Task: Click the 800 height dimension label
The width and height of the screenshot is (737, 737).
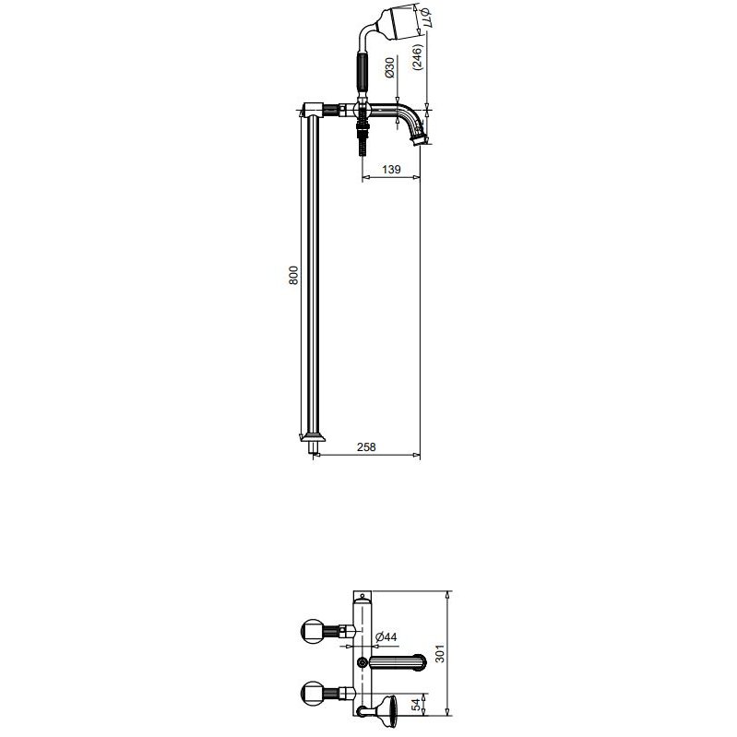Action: click(x=293, y=275)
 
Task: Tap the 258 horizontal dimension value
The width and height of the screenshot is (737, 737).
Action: click(x=366, y=447)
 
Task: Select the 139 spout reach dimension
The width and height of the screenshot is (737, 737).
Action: click(x=391, y=169)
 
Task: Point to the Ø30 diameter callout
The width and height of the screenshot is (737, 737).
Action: click(x=389, y=67)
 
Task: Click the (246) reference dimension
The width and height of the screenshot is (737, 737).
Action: click(x=419, y=57)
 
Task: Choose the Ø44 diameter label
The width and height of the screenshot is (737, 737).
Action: click(x=386, y=636)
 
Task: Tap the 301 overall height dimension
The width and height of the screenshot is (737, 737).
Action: click(x=440, y=653)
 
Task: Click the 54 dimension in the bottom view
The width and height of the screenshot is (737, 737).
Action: click(x=415, y=706)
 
